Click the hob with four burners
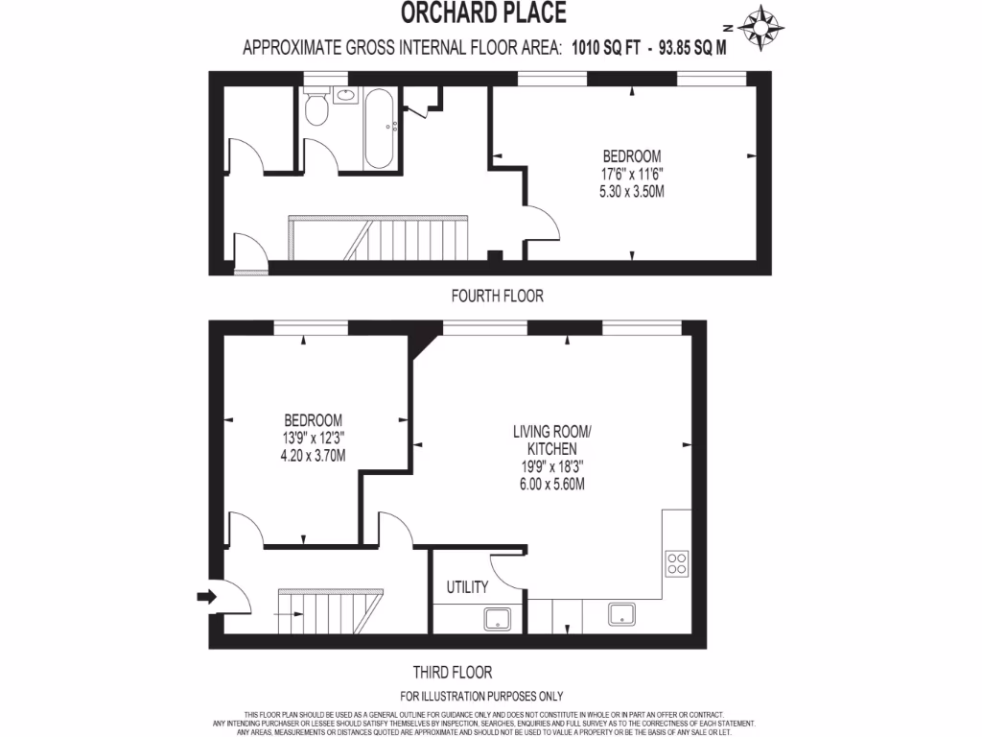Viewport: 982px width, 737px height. tap(676, 563)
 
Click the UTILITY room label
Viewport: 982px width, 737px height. tap(468, 586)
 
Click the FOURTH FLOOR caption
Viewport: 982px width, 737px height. tap(497, 297)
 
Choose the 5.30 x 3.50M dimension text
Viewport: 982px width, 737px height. tap(631, 191)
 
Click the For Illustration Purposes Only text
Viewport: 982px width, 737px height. tap(480, 696)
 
